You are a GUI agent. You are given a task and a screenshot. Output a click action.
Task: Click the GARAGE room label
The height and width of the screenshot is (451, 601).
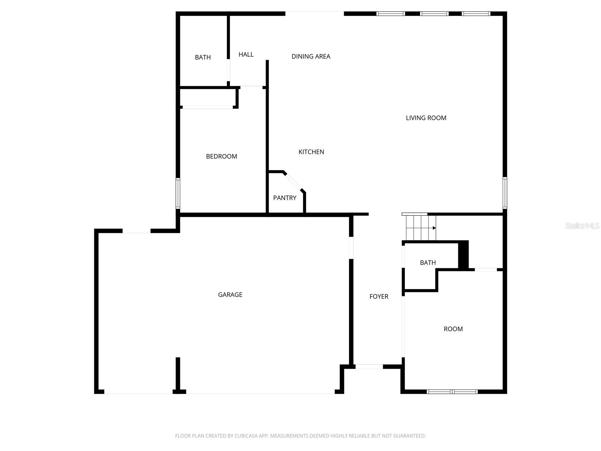coord(230,295)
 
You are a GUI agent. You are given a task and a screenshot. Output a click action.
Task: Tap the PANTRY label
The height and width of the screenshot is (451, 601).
coord(284,198)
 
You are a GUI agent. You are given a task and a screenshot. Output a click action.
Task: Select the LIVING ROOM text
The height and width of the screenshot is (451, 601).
coord(426,118)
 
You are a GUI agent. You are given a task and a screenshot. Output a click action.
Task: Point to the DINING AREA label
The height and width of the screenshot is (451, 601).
coord(311,56)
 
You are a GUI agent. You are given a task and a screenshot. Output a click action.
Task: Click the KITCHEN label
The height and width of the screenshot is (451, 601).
coord(311,152)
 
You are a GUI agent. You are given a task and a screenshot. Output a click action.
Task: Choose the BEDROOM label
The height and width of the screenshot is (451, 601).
coord(221,156)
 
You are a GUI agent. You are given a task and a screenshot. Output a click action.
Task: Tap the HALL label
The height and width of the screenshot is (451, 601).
coord(246,54)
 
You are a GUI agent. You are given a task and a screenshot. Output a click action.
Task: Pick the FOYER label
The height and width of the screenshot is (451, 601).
coord(379,297)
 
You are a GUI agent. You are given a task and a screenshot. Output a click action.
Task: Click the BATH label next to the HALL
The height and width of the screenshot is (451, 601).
coord(202,57)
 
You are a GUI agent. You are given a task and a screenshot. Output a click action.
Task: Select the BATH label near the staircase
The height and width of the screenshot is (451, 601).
coord(427,263)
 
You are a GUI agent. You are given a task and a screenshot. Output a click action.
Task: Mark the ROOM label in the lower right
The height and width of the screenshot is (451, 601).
coord(453,329)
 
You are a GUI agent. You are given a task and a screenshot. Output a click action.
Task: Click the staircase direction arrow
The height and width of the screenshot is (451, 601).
coord(434,228)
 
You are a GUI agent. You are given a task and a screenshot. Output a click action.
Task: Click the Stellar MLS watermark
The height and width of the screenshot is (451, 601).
coord(582,225)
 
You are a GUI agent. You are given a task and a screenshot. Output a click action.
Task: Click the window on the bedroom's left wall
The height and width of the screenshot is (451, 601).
coord(178,194)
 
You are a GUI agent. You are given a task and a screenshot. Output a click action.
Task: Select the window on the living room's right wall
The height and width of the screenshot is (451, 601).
coord(505,193)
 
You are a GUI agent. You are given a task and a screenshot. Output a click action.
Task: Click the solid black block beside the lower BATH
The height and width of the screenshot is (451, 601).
coord(464,254)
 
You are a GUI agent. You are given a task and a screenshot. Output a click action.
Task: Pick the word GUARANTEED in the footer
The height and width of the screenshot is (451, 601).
coord(410,436)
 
